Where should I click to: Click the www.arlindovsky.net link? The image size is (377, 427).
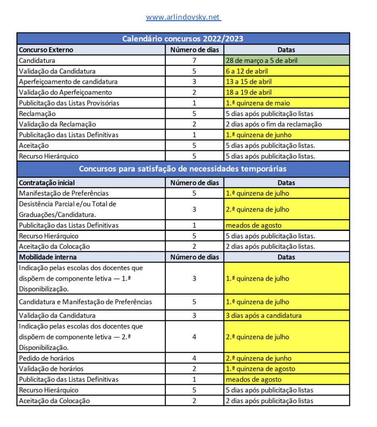pyautogui.click(x=183, y=17)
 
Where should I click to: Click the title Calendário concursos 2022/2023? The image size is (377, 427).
pyautogui.click(x=183, y=39)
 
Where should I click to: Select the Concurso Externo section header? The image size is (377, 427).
pyautogui.click(x=46, y=50)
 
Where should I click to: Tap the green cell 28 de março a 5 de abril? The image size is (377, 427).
pyautogui.click(x=262, y=60)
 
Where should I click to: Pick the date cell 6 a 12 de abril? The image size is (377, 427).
pyautogui.click(x=247, y=71)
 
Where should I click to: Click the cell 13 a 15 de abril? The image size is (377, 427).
pyautogui.click(x=249, y=82)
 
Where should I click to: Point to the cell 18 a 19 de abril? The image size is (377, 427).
pyautogui.click(x=249, y=93)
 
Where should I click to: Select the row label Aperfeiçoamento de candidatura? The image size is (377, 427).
pyautogui.click(x=68, y=82)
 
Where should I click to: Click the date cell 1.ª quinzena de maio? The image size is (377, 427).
pyautogui.click(x=258, y=103)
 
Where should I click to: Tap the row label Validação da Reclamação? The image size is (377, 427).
pyautogui.click(x=57, y=124)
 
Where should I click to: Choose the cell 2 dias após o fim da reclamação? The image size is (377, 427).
pyautogui.click(x=274, y=124)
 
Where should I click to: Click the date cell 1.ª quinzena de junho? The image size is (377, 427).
pyautogui.click(x=259, y=135)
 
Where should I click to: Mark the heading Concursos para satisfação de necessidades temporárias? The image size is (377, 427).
pyautogui.click(x=183, y=169)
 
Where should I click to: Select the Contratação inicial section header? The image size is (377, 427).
pyautogui.click(x=47, y=183)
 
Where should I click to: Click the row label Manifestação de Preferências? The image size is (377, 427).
pyautogui.click(x=64, y=193)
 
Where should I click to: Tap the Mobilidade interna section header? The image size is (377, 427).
pyautogui.click(x=48, y=257)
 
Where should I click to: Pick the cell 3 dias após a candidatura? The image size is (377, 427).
pyautogui.click(x=264, y=316)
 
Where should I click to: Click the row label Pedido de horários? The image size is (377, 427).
pyautogui.click(x=46, y=358)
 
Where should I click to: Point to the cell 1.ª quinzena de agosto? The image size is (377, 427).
pyautogui.click(x=260, y=369)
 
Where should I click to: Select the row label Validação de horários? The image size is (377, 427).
pyautogui.click(x=51, y=369)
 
